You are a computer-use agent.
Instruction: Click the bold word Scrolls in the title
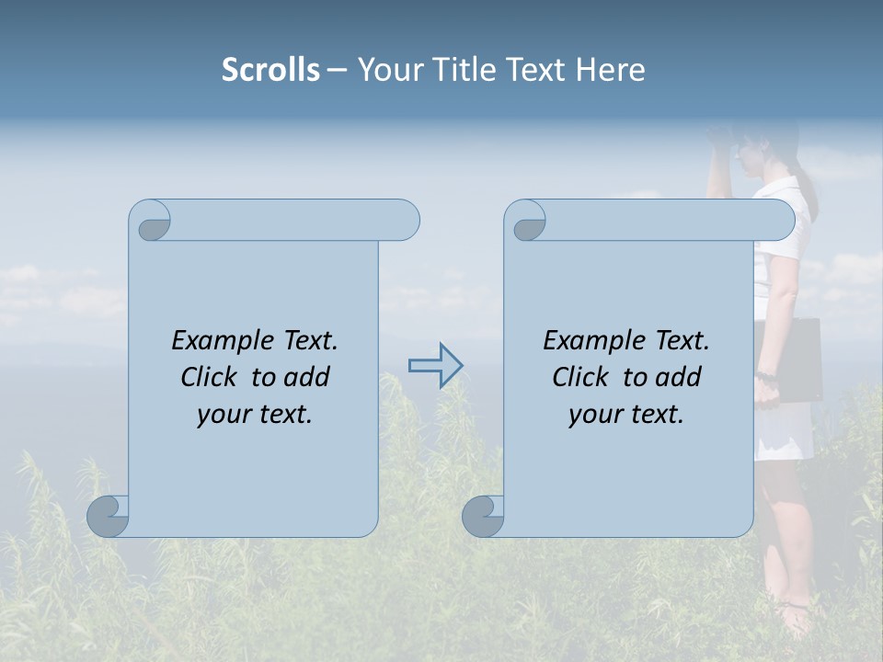click(270, 70)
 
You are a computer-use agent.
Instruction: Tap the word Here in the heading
click(611, 70)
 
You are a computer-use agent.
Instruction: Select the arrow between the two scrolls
click(435, 366)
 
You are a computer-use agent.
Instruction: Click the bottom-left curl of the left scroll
click(108, 516)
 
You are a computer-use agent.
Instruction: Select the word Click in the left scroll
click(212, 377)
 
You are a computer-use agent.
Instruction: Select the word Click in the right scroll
click(582, 377)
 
